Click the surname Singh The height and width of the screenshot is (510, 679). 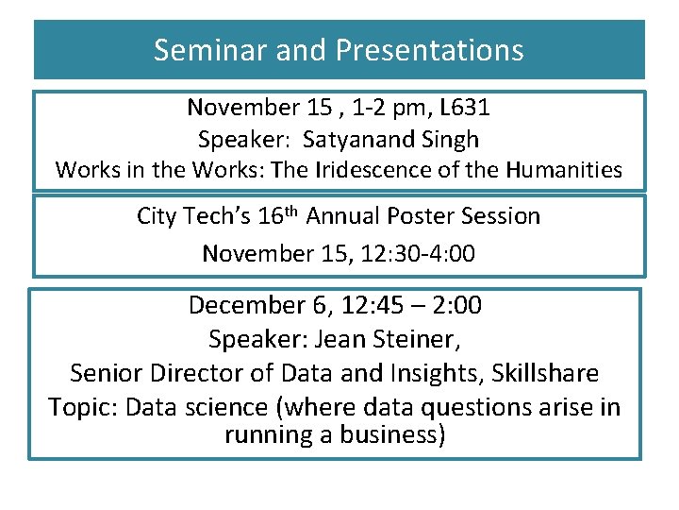[x=449, y=140]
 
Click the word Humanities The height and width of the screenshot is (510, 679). [x=564, y=170]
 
